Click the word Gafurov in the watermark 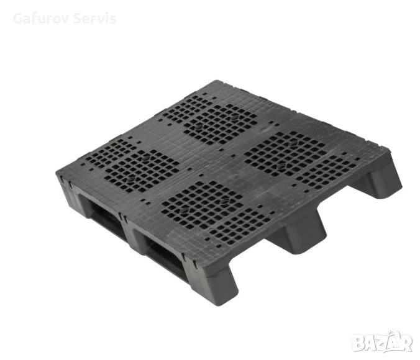click(41, 19)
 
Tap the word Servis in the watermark click(94, 19)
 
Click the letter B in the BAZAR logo click(358, 343)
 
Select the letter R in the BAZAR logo click(406, 343)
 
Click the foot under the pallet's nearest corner click(214, 284)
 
